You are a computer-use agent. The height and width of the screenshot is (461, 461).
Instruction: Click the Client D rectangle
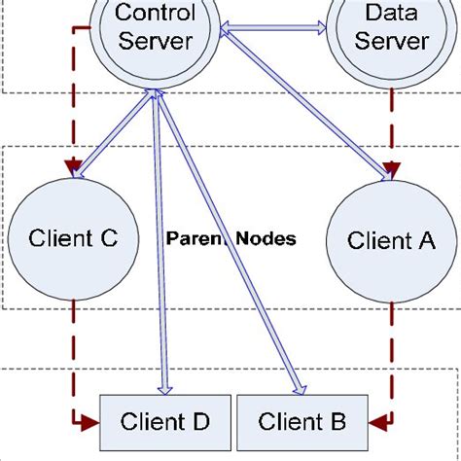(164, 421)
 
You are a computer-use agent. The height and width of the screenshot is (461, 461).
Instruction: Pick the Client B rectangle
(304, 421)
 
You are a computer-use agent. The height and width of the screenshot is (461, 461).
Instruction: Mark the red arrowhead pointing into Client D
(91, 422)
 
